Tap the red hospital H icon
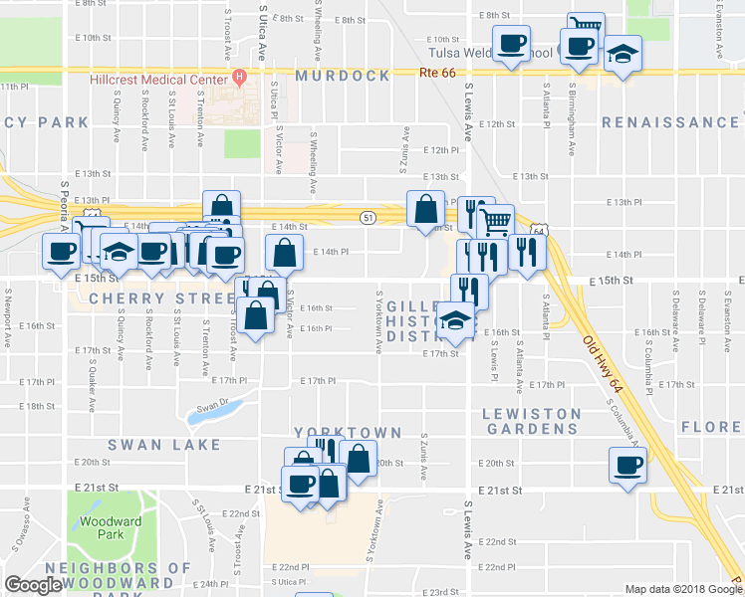tap(238, 76)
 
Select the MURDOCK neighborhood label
tap(342, 76)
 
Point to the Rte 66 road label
tap(437, 72)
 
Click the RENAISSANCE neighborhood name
tap(669, 122)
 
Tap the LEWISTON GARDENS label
tap(532, 420)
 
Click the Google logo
tap(34, 585)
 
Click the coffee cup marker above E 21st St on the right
tap(628, 465)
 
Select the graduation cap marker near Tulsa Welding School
tap(623, 53)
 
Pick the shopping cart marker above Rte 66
tap(587, 27)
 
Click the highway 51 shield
tap(369, 217)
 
